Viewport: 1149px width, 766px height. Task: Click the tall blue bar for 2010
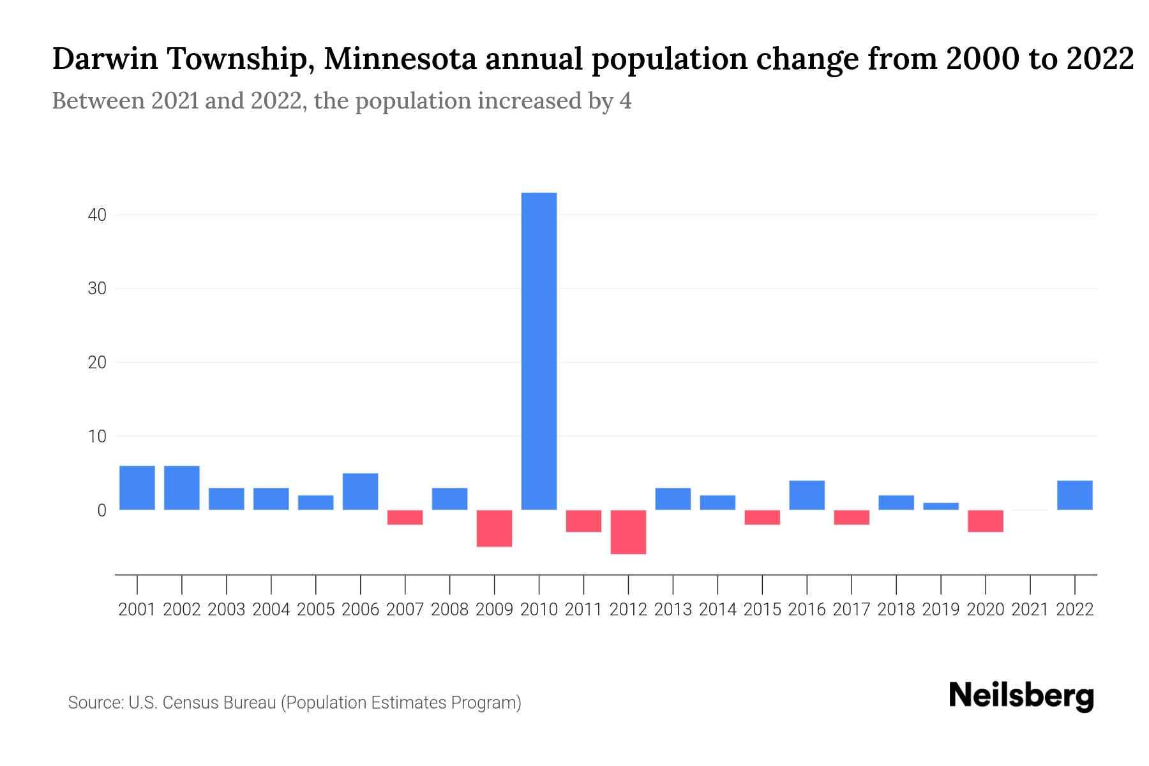coord(539,351)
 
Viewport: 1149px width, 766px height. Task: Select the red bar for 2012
coord(628,532)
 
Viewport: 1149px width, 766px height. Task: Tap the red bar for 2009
coord(494,528)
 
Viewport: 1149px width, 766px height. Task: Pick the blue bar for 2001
coord(137,488)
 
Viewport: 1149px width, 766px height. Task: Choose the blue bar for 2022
coord(1074,495)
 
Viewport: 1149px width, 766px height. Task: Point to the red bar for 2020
coord(985,521)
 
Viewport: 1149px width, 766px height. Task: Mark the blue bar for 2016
coord(807,495)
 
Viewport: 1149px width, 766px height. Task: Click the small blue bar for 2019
coord(940,506)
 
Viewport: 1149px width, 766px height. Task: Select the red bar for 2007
coord(405,517)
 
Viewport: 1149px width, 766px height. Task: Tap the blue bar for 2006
coord(360,492)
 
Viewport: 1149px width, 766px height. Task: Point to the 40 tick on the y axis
coord(97,215)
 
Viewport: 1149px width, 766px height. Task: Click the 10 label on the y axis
coord(97,437)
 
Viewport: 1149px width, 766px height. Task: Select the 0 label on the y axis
coord(101,511)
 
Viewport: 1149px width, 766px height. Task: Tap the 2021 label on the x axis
coord(1030,610)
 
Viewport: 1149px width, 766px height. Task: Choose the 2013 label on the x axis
coord(673,610)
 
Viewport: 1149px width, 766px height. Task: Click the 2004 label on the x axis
coord(271,610)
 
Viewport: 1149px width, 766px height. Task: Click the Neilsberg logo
coord(1021,696)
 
